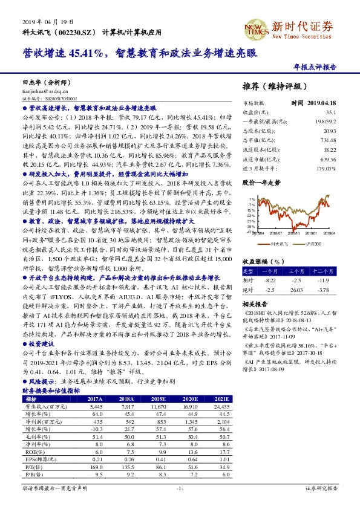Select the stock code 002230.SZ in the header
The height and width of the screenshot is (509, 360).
(x=76, y=31)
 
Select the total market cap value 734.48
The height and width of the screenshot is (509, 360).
(x=328, y=139)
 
